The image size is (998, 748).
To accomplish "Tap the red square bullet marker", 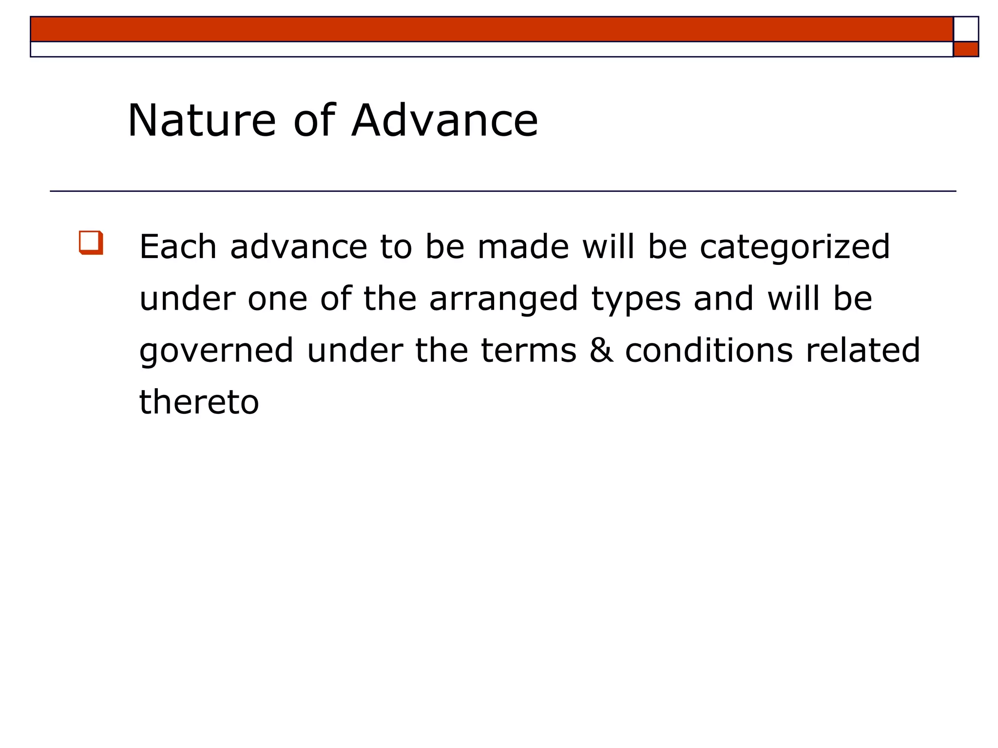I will pyautogui.click(x=91, y=243).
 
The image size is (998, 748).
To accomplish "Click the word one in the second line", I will pyautogui.click(x=277, y=299).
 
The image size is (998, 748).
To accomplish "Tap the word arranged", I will pyautogui.click(x=503, y=300).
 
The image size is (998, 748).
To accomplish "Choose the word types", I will pyautogui.click(x=636, y=300).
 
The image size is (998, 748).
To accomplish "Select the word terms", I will pyautogui.click(x=528, y=351).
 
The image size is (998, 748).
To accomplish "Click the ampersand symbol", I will pyautogui.click(x=601, y=351).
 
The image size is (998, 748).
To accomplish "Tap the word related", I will pyautogui.click(x=863, y=351).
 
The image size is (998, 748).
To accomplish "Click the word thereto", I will pyautogui.click(x=199, y=403).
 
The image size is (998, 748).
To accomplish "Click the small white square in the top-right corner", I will pyautogui.click(x=965, y=29).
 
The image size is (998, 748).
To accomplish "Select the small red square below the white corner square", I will pyautogui.click(x=965, y=50).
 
